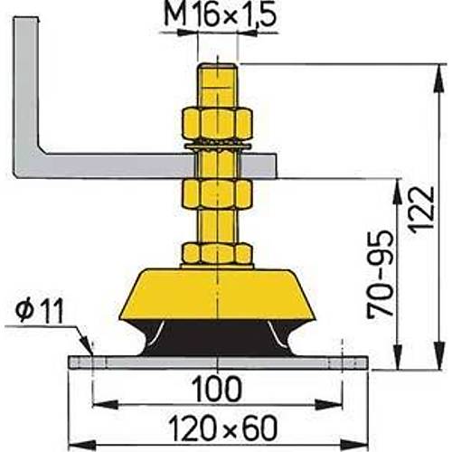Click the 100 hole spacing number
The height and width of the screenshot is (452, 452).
coord(217,390)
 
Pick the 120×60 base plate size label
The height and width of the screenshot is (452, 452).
coord(218,425)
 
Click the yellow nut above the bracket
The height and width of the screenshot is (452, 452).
coord(217,122)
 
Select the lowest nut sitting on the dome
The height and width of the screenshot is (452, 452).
coord(217,253)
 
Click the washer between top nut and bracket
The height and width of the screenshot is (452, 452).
coord(217,144)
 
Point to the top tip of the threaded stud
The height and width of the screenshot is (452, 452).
coord(217,65)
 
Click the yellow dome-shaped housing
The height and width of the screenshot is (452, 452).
coord(217,294)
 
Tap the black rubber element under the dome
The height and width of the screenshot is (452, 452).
coord(217,339)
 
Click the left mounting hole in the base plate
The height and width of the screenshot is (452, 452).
coord(91,363)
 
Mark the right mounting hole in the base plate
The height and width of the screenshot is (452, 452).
coord(344,363)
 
